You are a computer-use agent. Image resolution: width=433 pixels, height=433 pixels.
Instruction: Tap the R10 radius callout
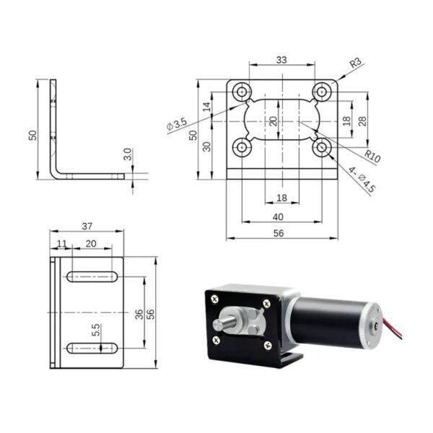pos(372,154)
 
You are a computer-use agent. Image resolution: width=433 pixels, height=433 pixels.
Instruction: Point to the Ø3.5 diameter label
pos(176,125)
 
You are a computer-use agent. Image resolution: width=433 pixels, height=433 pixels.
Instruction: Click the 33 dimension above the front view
pos(281,60)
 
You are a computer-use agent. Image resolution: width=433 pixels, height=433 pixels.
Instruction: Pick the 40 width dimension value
pos(281,216)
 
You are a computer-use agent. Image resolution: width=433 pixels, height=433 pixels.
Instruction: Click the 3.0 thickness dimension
pos(127,154)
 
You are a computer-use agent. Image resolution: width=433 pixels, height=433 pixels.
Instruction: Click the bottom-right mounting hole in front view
pos(321,148)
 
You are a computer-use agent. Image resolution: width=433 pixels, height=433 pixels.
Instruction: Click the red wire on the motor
pos(395,328)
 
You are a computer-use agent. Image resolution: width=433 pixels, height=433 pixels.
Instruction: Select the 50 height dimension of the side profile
pos(32,135)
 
